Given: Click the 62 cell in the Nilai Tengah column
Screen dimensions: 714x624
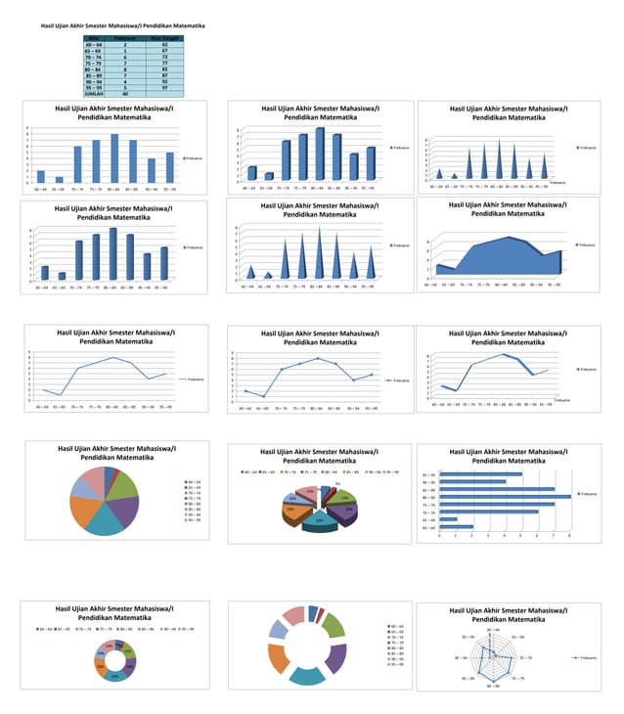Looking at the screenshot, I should point(164,45).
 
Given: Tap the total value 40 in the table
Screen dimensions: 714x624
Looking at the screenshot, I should point(125,93).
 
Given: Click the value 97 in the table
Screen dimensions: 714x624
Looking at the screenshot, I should point(164,87).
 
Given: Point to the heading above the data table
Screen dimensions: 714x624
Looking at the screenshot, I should point(122,23).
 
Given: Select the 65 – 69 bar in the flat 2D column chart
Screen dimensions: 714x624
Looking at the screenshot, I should point(59,179).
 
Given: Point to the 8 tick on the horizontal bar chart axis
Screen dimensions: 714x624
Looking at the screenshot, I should point(569,536).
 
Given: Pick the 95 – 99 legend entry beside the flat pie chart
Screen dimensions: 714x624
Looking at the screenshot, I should point(193,519).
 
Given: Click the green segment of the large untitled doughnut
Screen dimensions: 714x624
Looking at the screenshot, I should point(334,625).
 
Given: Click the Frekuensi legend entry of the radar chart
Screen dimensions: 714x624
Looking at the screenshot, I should point(587,658).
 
